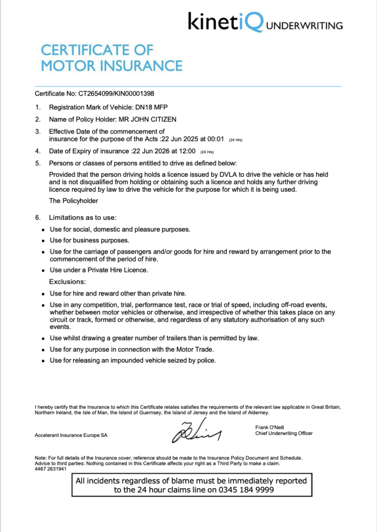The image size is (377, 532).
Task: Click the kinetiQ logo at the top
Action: [226, 23]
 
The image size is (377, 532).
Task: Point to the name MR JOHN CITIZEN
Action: [149, 119]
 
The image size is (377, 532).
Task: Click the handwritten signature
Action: [196, 432]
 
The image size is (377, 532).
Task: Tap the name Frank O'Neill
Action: [270, 427]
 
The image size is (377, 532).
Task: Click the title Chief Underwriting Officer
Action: [283, 433]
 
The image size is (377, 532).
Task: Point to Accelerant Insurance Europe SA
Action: [71, 435]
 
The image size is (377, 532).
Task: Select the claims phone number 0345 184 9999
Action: [247, 490]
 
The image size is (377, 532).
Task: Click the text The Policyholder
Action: [74, 200]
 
